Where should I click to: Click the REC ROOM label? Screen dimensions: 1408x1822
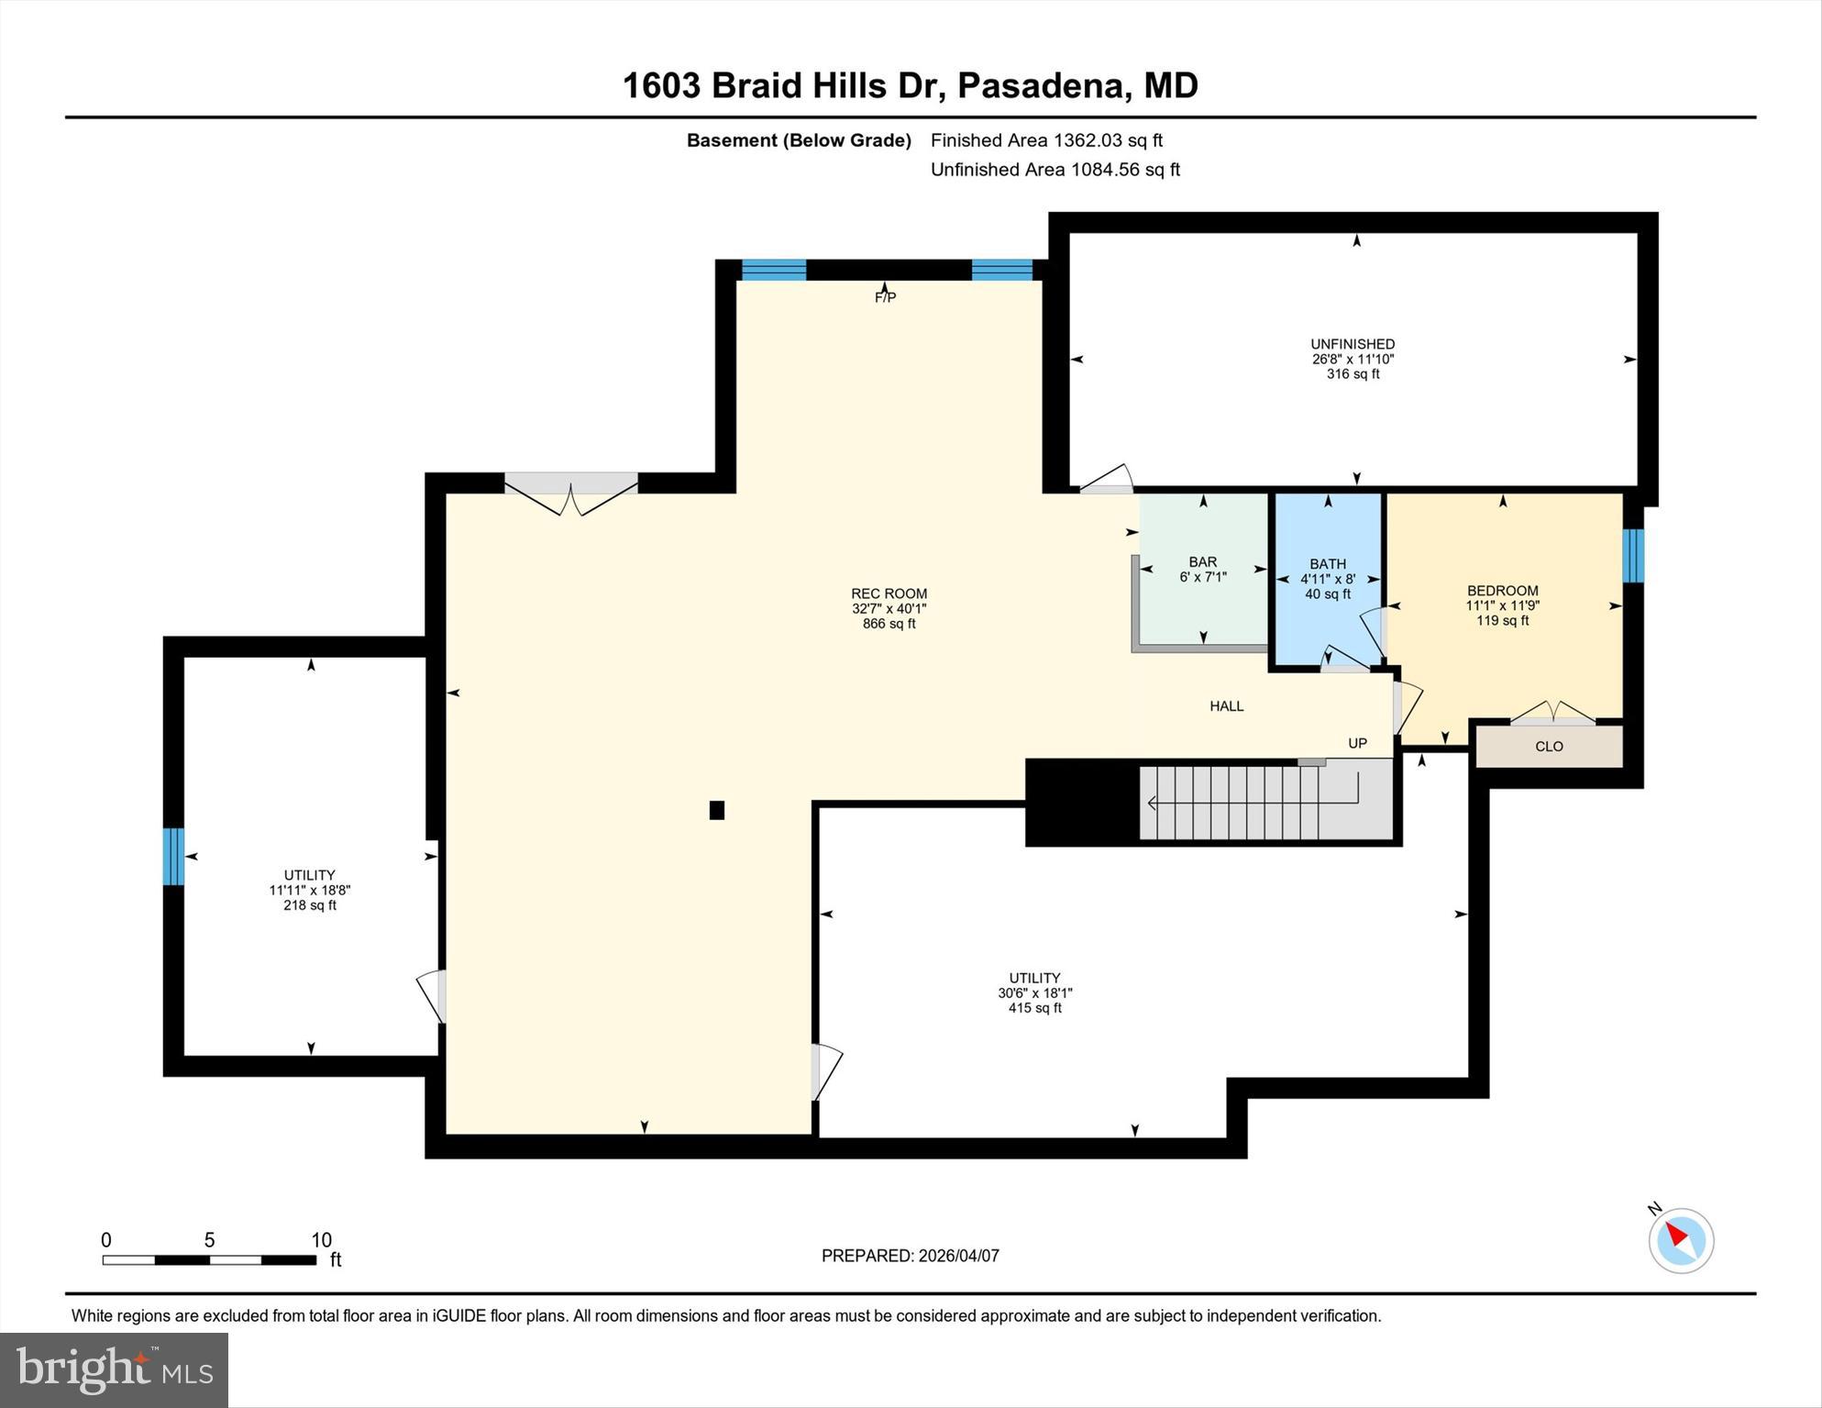tap(889, 594)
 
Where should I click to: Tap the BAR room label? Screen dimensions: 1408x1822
tap(1202, 562)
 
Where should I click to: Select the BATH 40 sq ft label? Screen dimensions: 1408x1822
tap(1327, 579)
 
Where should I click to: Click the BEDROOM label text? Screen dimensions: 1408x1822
tap(1502, 591)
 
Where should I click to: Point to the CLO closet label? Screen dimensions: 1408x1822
tap(1549, 747)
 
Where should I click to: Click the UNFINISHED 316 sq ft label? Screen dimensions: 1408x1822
tap(1353, 359)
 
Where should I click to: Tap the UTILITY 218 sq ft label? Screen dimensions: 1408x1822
tap(309, 890)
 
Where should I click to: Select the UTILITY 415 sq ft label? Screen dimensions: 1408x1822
tap(1034, 992)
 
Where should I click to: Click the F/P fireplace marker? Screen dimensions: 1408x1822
tap(885, 297)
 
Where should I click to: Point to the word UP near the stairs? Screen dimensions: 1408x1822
tap(1357, 743)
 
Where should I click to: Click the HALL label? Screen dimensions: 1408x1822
tap(1226, 706)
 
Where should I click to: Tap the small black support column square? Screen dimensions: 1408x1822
tap(717, 810)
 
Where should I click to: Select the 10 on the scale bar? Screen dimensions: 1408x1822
tap(321, 1240)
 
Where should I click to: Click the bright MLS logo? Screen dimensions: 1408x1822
tap(114, 1370)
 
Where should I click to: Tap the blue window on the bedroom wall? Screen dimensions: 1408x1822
tap(1633, 556)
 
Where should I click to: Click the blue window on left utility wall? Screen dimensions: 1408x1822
tap(173, 857)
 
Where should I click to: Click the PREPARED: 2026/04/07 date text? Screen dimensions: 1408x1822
tap(910, 1256)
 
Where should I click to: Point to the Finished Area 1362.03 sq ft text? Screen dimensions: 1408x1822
tap(1045, 140)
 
